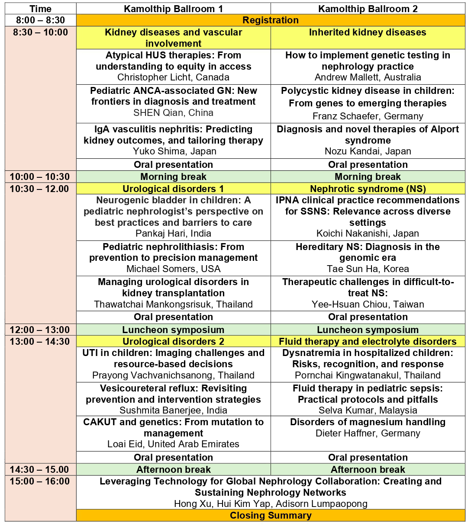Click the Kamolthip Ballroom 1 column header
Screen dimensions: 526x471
click(173, 9)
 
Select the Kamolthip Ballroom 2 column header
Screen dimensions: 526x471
click(368, 9)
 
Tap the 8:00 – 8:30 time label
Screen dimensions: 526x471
click(40, 20)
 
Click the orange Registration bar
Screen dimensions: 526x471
click(271, 20)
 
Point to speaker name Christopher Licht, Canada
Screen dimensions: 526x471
click(173, 77)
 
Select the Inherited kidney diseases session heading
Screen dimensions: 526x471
click(368, 32)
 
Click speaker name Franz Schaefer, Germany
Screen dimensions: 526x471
click(368, 116)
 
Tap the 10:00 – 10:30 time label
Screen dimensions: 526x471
click(40, 177)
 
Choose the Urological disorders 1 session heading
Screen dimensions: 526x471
click(173, 189)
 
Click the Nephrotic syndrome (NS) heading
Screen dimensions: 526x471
click(368, 189)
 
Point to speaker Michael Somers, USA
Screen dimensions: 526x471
click(173, 269)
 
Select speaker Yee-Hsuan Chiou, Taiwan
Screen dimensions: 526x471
click(368, 305)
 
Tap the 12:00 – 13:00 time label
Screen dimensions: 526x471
click(40, 330)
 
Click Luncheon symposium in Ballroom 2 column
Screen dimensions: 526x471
click(368, 330)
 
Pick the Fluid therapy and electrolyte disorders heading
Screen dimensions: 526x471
click(368, 342)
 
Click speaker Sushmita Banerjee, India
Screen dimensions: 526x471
click(173, 411)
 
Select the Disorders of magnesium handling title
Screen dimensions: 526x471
click(368, 422)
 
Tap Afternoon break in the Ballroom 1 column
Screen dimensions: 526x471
click(173, 470)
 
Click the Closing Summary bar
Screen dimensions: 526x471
click(271, 516)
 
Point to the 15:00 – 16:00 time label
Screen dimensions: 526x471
click(40, 481)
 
